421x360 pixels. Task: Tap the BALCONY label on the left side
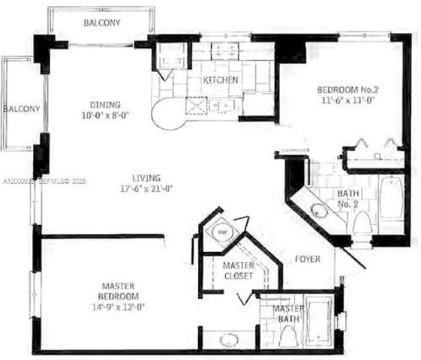20,108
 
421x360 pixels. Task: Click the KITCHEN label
221,79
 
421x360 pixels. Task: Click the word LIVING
146,178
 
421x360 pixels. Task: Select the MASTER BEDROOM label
123,290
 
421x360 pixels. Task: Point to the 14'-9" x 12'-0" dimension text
123,306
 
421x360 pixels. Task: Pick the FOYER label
307,259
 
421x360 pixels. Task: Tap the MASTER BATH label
288,314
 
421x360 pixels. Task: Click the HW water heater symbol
222,232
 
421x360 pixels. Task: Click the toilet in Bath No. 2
361,220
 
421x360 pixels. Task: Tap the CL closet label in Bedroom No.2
378,156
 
